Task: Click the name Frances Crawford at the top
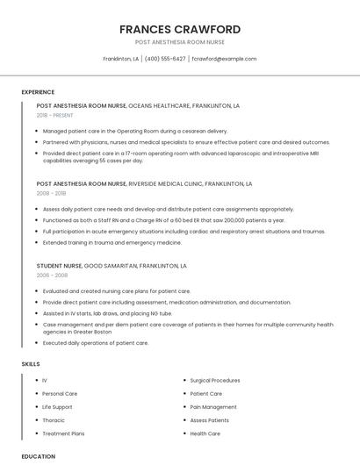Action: [180, 30]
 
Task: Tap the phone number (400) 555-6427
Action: [165, 59]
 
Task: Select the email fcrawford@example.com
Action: [224, 59]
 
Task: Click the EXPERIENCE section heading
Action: [38, 92]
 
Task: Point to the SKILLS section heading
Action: [31, 363]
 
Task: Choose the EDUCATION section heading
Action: [38, 456]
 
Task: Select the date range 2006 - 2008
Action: [51, 275]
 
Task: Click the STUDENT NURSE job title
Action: [59, 265]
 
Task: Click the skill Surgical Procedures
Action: [214, 381]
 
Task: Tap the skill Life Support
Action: [57, 407]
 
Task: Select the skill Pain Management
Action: [213, 407]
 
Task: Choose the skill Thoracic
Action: [54, 420]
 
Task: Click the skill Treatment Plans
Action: [63, 433]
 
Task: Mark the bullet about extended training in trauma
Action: [112, 242]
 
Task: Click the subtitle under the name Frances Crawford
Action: [180, 42]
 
